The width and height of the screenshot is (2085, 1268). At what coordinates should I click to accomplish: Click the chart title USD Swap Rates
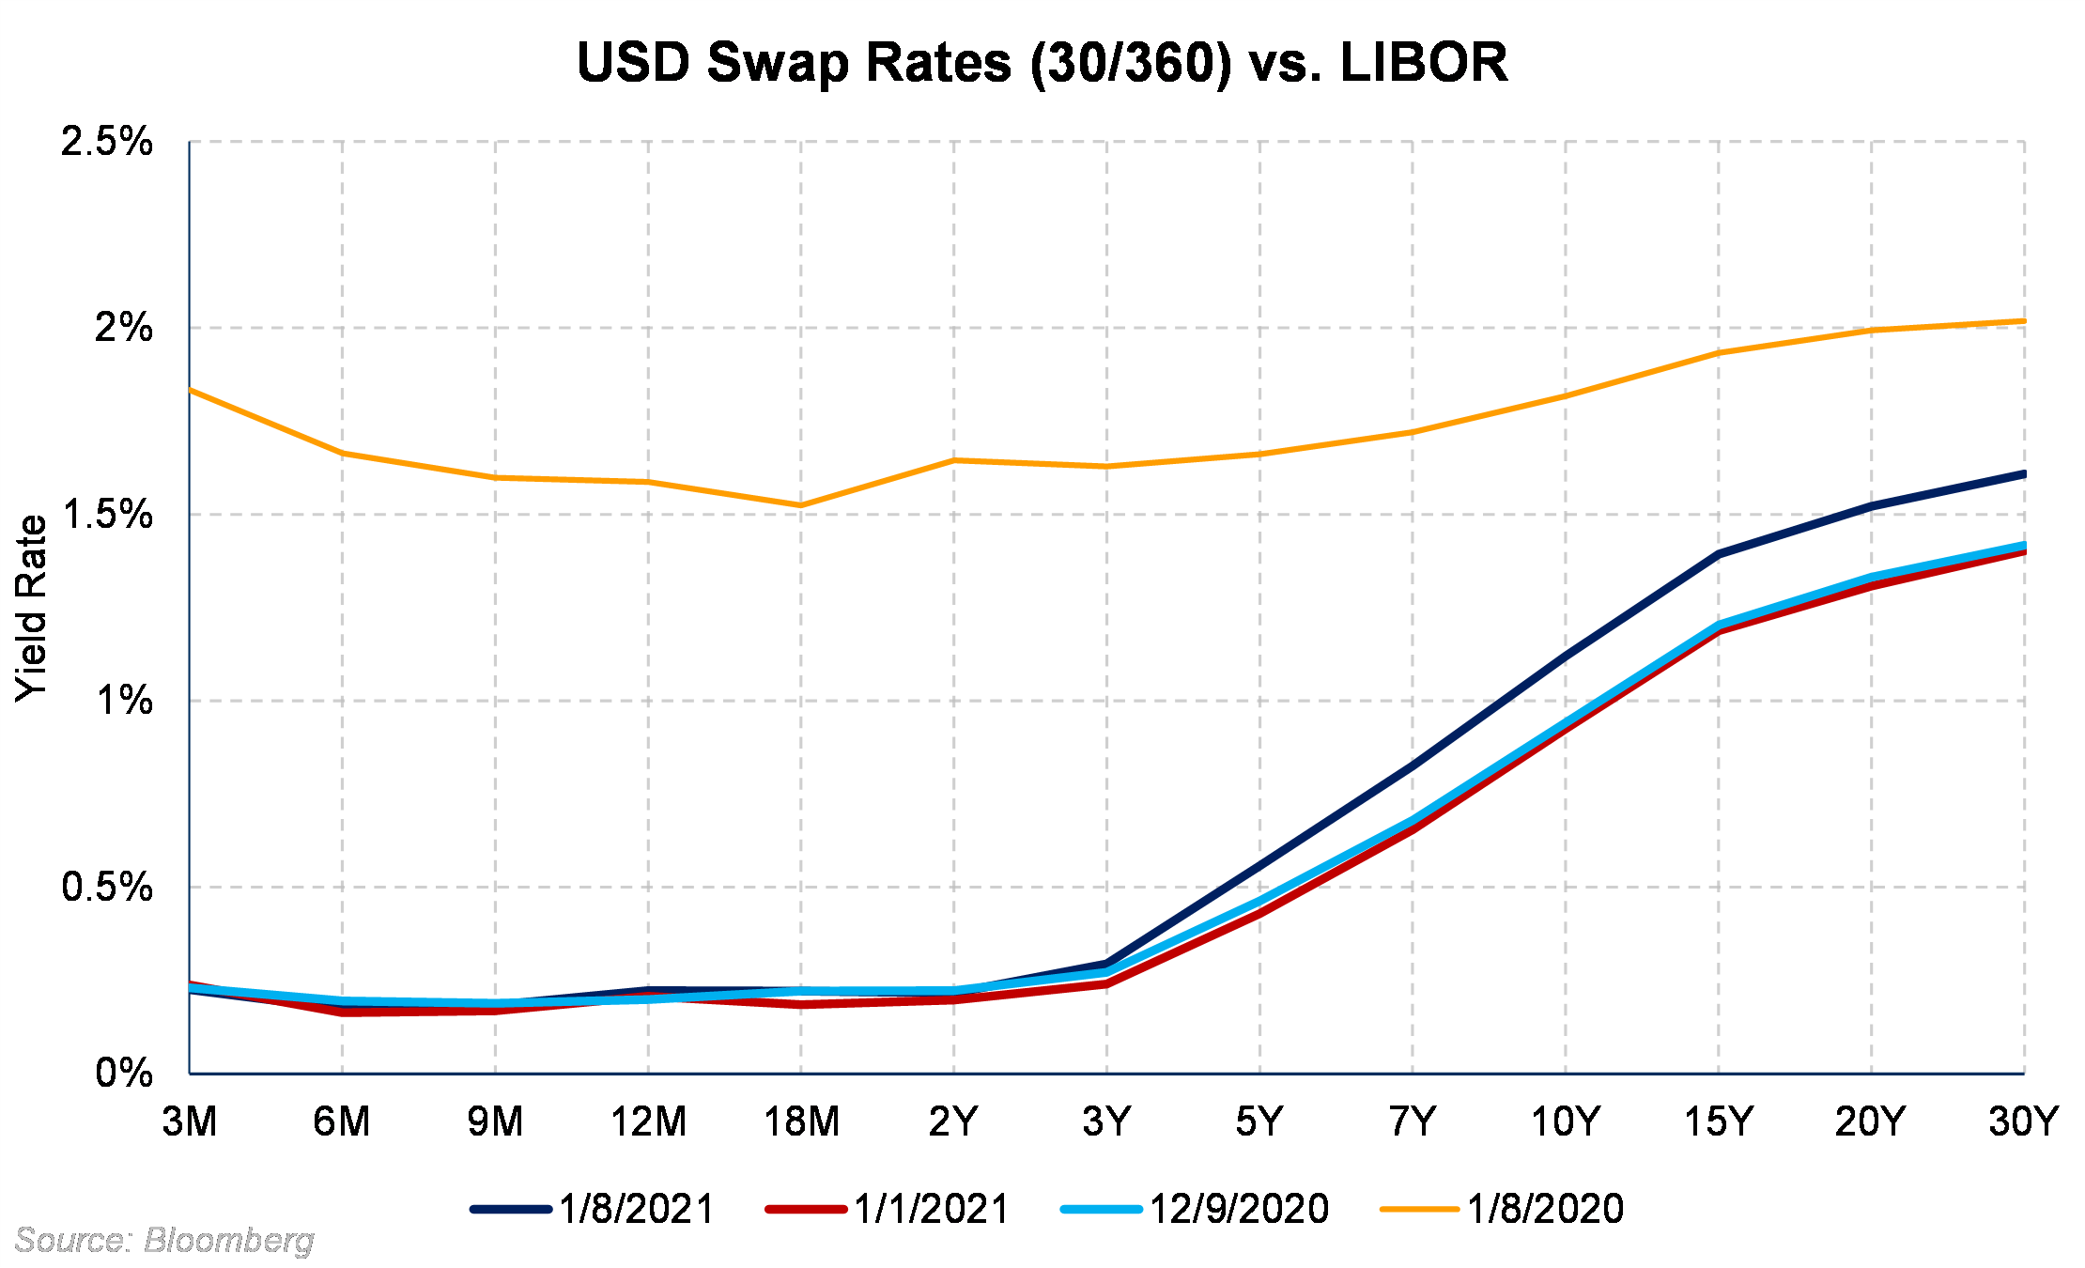1042,63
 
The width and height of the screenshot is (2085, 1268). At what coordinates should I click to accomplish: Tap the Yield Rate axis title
31,608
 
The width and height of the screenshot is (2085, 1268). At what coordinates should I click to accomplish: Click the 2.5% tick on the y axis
106,142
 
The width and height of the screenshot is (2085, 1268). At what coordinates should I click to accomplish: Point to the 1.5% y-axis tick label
106,515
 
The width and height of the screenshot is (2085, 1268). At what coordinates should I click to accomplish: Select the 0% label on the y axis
123,1073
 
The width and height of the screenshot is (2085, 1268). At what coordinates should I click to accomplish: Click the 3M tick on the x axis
190,1121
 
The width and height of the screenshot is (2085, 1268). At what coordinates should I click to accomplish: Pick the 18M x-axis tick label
801,1121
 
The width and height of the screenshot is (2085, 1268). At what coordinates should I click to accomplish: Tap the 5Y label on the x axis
1259,1121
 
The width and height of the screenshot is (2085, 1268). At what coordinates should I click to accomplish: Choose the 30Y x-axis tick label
2023,1121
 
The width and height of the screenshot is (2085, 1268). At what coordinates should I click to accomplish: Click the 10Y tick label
1566,1121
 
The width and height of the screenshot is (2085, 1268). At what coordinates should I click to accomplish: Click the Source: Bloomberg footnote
164,1241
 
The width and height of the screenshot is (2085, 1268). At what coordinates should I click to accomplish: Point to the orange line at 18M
801,505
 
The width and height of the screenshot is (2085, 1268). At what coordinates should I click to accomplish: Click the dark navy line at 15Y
1719,554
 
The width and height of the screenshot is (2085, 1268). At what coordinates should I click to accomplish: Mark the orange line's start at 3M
191,389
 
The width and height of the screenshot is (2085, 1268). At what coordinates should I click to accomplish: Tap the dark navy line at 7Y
1413,766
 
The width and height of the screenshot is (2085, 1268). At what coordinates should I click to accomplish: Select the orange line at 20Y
1872,330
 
